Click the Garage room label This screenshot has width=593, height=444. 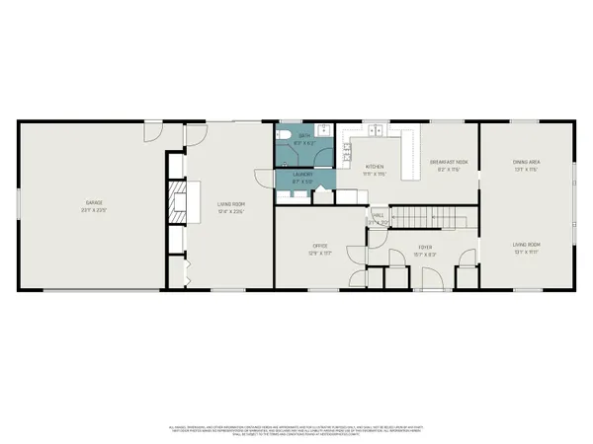94,203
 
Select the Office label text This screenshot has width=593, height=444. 320,246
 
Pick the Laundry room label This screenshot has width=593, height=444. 303,175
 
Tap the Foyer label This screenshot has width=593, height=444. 425,247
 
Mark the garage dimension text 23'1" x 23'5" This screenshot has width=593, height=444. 94,210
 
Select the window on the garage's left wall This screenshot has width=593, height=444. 19,202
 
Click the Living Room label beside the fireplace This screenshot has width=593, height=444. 230,204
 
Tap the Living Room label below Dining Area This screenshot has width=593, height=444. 526,246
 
